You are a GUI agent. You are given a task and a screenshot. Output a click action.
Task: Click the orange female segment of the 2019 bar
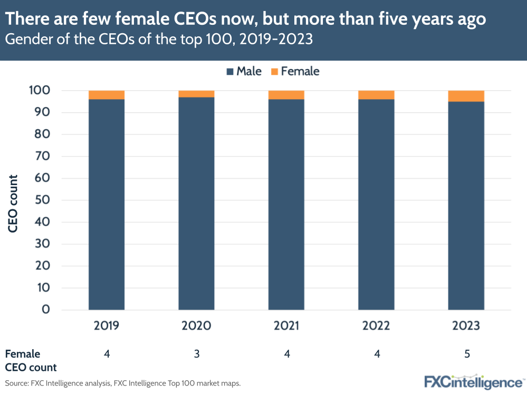point(107,95)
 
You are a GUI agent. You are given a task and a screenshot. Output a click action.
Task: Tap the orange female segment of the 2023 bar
point(466,96)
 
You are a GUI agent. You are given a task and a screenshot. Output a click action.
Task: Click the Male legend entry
point(244,71)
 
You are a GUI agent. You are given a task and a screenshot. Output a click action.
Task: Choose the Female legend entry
point(295,71)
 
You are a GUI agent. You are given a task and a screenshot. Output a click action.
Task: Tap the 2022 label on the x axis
point(376,326)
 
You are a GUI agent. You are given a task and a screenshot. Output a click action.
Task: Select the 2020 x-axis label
point(196,326)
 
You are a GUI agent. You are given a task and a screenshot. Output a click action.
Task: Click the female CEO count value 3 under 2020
point(196,354)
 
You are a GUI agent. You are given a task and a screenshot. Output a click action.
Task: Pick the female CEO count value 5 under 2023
point(466,354)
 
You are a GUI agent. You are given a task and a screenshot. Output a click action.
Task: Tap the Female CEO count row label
point(31,360)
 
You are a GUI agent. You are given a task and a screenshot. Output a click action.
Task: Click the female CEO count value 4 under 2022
point(377,354)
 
